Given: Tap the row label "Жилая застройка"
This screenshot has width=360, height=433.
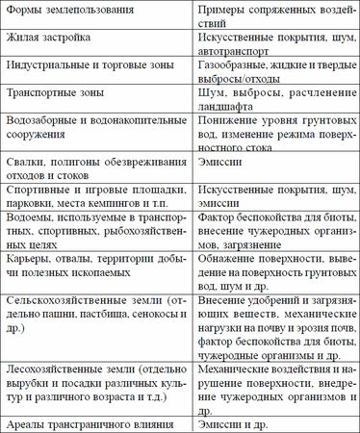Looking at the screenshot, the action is [51, 39].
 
